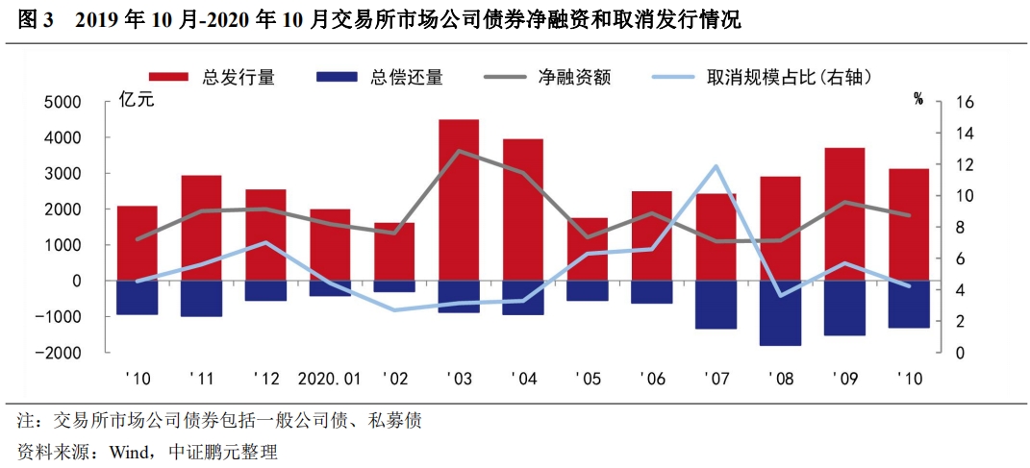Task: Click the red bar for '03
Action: (459, 200)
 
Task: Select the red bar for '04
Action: (523, 209)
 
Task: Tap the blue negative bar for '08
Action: (780, 312)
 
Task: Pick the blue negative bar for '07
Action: (716, 305)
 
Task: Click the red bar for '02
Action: (394, 252)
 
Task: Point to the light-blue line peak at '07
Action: (716, 166)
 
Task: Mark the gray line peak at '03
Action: (459, 151)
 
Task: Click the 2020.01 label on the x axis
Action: (330, 379)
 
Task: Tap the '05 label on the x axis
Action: (588, 379)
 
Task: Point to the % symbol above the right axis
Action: (918, 98)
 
